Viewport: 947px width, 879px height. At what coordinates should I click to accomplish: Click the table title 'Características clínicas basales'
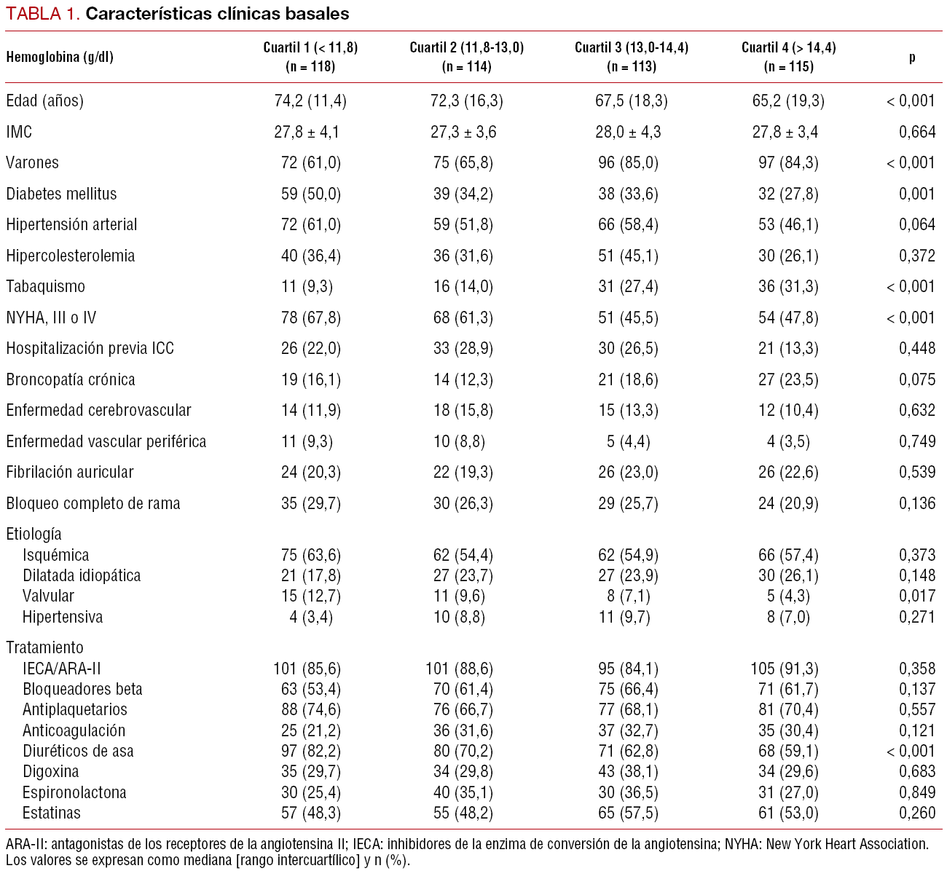(217, 14)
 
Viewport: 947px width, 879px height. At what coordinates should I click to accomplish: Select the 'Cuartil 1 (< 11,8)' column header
(310, 57)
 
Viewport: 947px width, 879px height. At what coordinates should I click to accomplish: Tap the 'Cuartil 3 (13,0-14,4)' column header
(632, 57)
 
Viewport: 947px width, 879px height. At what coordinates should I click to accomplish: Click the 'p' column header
(912, 57)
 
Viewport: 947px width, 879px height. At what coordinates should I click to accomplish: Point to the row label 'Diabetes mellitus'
(61, 194)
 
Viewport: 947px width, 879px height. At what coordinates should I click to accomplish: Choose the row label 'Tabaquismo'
(45, 286)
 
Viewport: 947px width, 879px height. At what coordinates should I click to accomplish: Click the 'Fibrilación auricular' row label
(70, 472)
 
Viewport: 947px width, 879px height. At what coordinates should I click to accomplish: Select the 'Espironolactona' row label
(74, 792)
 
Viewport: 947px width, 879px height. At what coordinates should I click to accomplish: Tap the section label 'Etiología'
(34, 534)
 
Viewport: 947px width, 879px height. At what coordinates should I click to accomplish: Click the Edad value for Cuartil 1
(310, 100)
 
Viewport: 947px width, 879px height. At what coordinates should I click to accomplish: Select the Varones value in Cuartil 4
(788, 162)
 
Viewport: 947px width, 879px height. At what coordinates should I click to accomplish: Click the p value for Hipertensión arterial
(917, 224)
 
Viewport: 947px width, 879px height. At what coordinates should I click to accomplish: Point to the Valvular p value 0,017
(917, 596)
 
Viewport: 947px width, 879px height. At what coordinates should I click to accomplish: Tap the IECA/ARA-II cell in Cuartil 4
(784, 669)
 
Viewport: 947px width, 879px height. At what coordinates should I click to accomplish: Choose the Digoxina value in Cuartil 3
(628, 771)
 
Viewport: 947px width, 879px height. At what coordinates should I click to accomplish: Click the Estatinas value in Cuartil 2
(463, 813)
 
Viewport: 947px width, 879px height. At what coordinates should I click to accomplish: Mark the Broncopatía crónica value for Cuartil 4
(788, 379)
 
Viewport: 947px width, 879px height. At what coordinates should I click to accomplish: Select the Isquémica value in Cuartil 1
(310, 555)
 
